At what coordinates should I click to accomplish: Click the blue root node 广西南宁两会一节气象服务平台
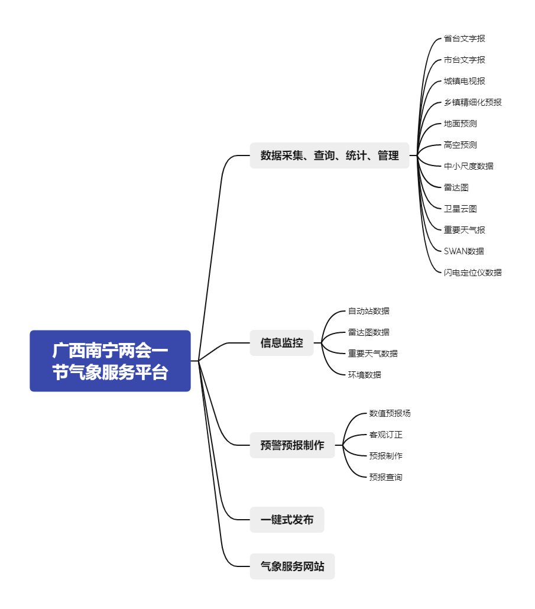pos(110,361)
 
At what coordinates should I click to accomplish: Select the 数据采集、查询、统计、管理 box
pos(329,156)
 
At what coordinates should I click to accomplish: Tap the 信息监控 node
pos(281,343)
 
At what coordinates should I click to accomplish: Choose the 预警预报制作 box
pos(292,445)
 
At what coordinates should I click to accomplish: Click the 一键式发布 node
pos(287,520)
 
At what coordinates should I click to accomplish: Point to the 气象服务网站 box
pos(292,566)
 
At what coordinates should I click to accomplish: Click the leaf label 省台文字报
pos(464,38)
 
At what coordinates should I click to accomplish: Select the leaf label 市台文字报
pos(464,60)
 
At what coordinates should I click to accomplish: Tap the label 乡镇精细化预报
pos(472,102)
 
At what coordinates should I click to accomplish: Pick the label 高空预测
pos(460,145)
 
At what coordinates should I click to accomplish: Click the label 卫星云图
pos(460,209)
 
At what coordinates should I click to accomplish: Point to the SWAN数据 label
pos(463,251)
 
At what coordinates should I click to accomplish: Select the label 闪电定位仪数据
pos(472,273)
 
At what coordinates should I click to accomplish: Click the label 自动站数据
pos(368,311)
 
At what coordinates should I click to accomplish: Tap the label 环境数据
pos(364,375)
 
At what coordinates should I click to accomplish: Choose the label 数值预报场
pos(390,413)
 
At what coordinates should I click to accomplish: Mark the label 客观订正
pos(385,435)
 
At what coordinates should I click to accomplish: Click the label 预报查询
pos(385,477)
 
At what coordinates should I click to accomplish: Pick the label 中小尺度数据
pos(468,166)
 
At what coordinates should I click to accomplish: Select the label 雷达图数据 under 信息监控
pos(368,332)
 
